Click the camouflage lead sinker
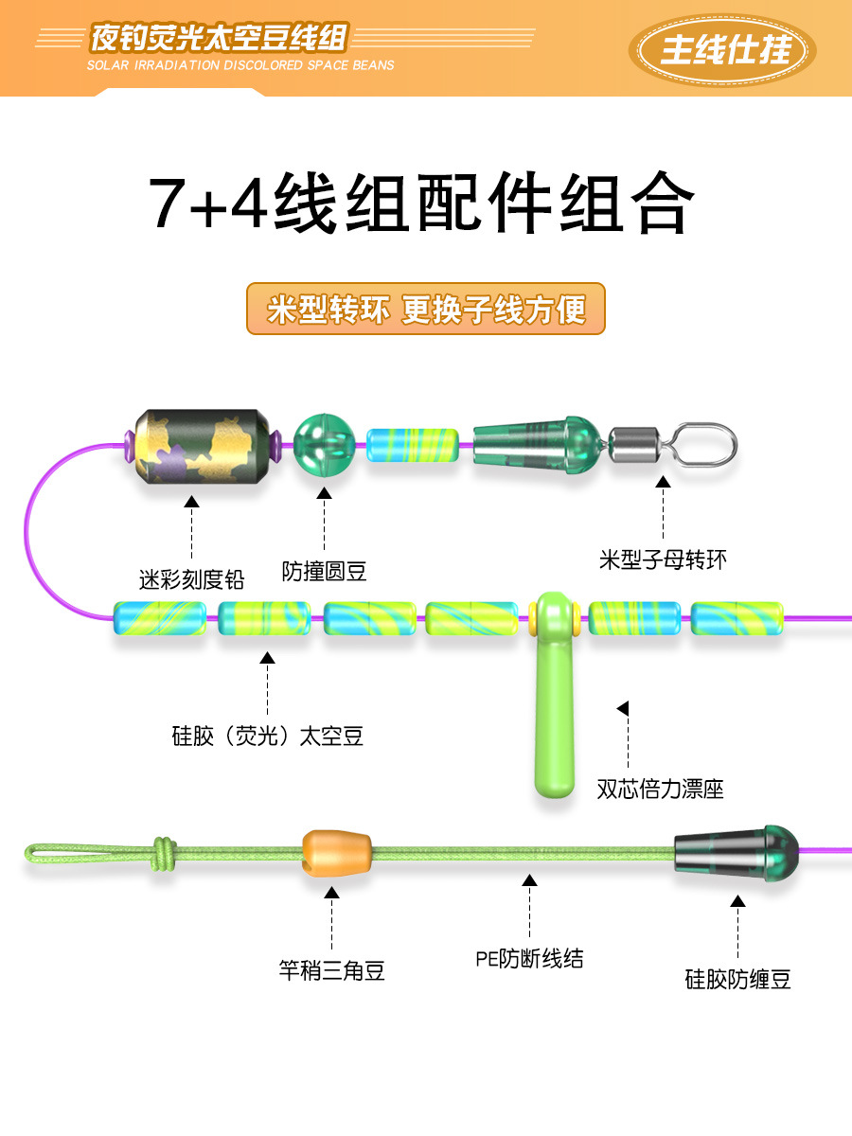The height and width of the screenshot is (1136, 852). click(199, 446)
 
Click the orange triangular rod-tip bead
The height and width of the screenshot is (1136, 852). click(334, 853)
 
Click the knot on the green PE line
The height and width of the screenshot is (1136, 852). click(164, 853)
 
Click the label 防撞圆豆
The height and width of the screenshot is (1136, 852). click(325, 571)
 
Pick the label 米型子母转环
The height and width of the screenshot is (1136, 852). click(663, 559)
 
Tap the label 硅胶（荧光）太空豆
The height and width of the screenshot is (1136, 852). click(268, 736)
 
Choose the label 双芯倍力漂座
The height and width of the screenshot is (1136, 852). click(660, 788)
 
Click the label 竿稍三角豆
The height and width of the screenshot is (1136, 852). click(332, 970)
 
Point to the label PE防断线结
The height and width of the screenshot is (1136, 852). click(529, 959)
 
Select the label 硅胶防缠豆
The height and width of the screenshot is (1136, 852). click(737, 979)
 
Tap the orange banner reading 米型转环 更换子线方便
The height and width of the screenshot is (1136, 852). click(426, 309)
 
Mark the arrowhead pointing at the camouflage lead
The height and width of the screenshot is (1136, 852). click(191, 502)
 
